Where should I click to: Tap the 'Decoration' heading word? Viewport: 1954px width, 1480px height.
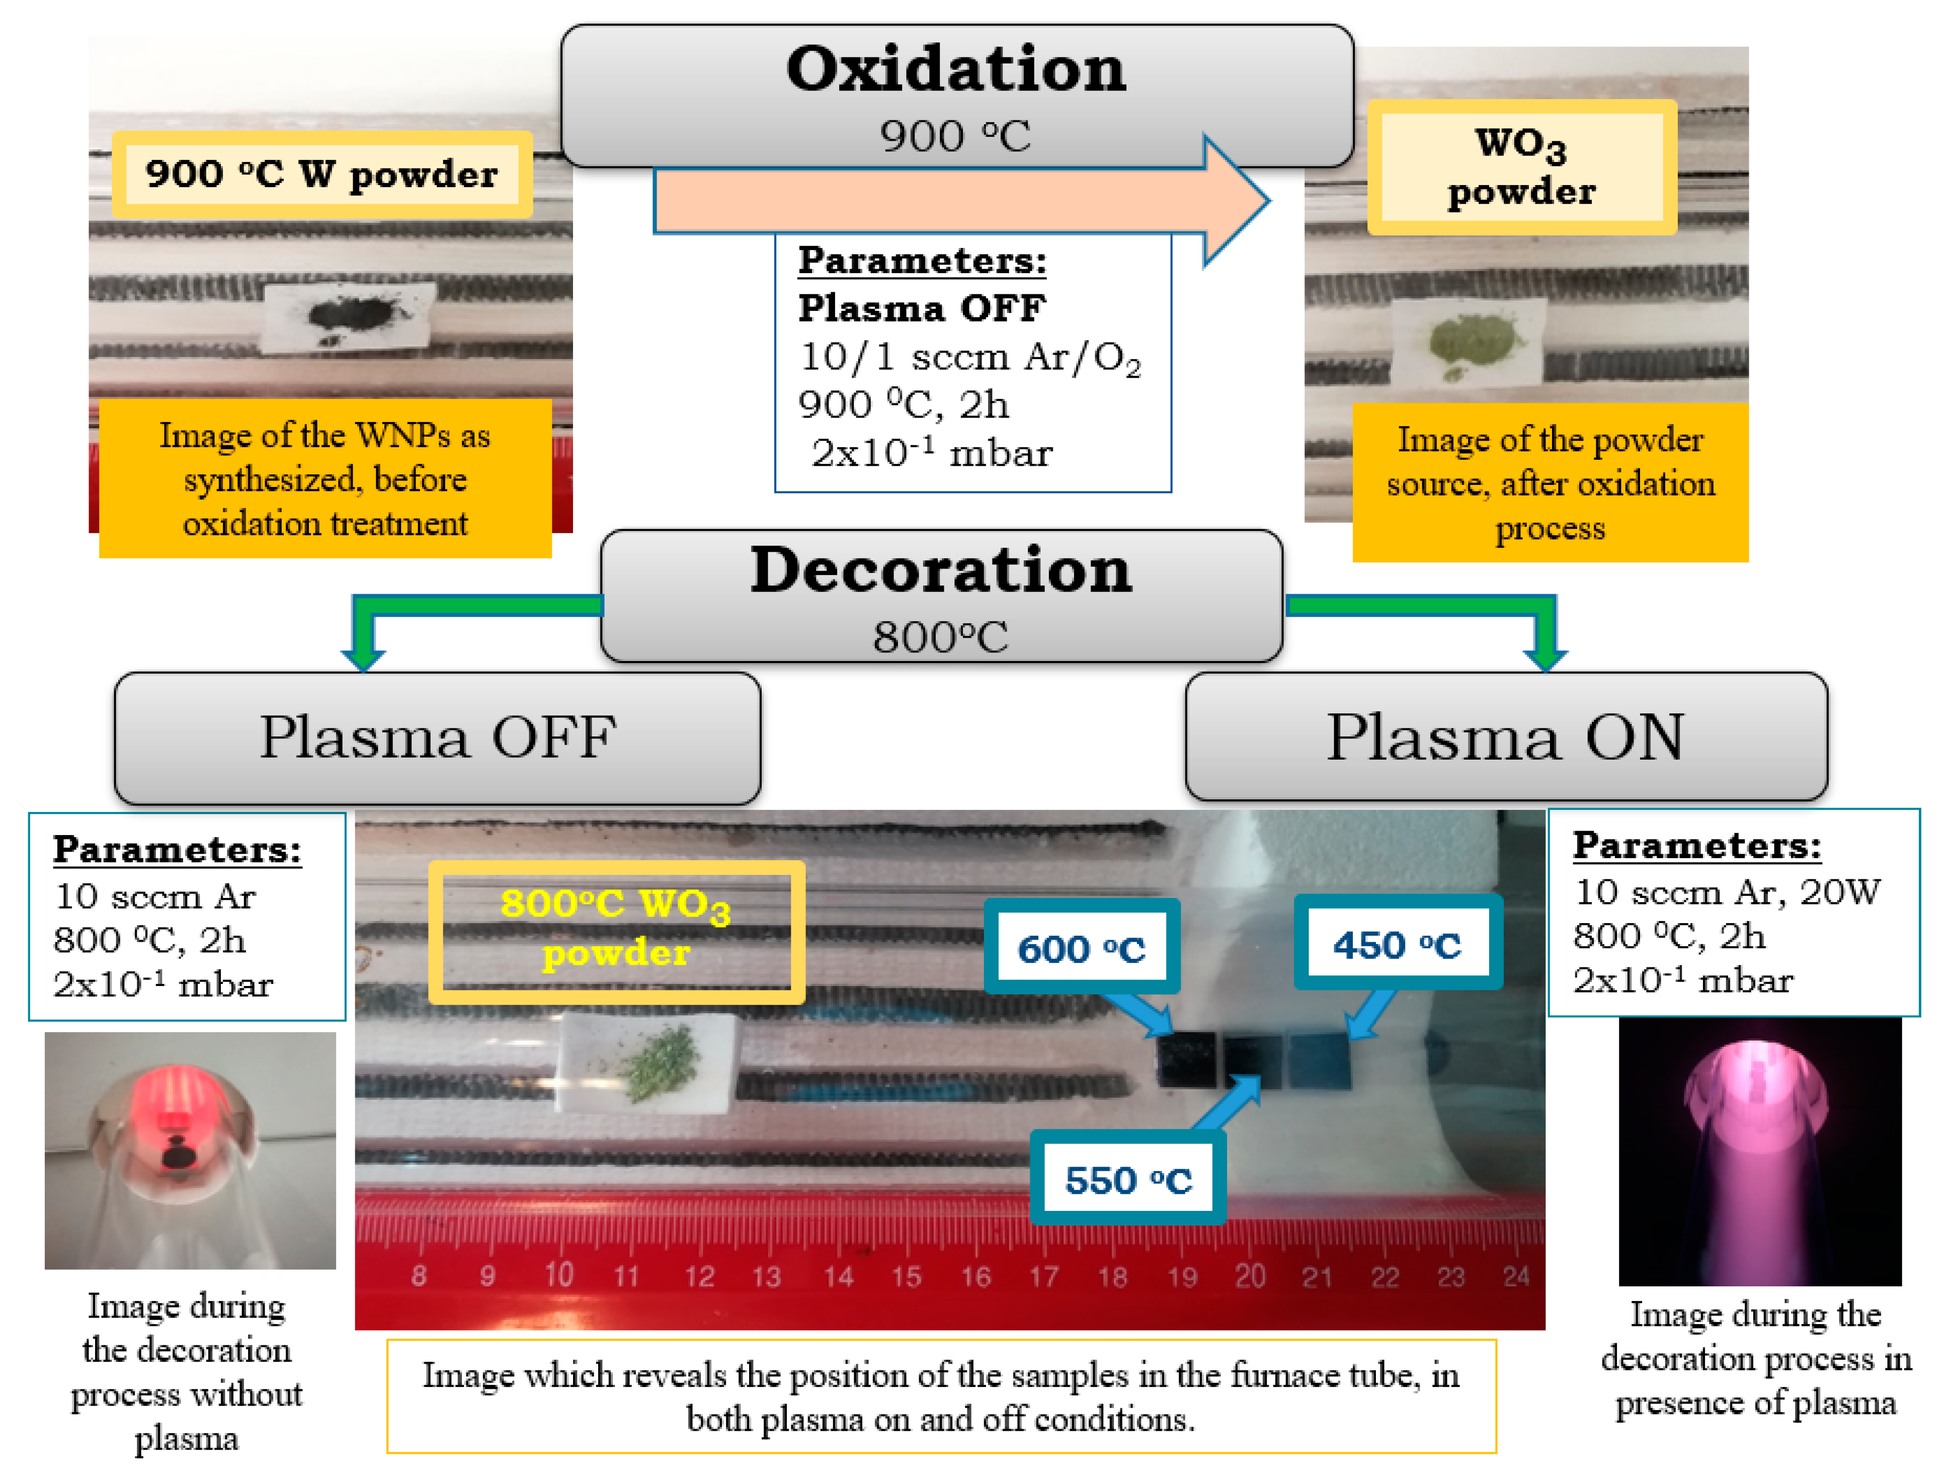[941, 570]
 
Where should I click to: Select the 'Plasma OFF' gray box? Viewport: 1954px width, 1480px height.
[437, 737]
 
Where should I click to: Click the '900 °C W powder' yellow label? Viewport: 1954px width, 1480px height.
[321, 174]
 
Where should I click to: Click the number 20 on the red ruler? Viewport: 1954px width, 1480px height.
[1250, 1275]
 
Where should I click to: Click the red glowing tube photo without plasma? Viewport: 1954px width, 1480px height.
[190, 1149]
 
